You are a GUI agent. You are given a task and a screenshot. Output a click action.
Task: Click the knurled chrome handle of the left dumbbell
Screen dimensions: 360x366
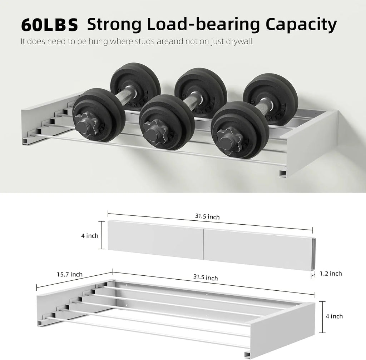(125, 100)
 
